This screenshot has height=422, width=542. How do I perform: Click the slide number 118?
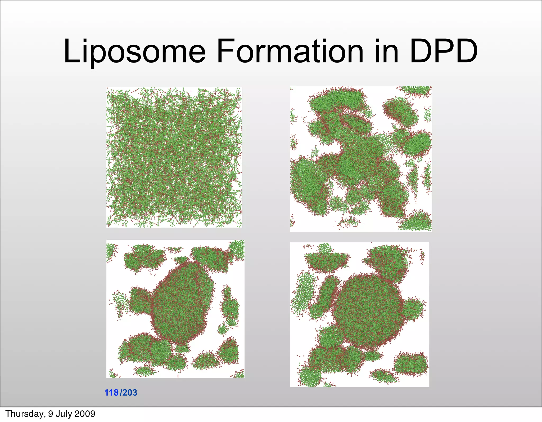[x=111, y=393]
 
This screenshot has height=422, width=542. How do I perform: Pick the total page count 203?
[x=130, y=393]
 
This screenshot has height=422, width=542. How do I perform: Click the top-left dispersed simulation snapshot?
[x=174, y=157]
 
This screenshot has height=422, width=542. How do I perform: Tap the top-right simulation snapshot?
[x=361, y=159]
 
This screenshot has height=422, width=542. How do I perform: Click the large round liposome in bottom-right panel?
[x=369, y=311]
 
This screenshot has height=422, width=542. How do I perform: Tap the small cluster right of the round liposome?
[x=414, y=309]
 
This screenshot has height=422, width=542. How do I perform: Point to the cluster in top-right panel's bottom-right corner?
[x=415, y=221]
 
